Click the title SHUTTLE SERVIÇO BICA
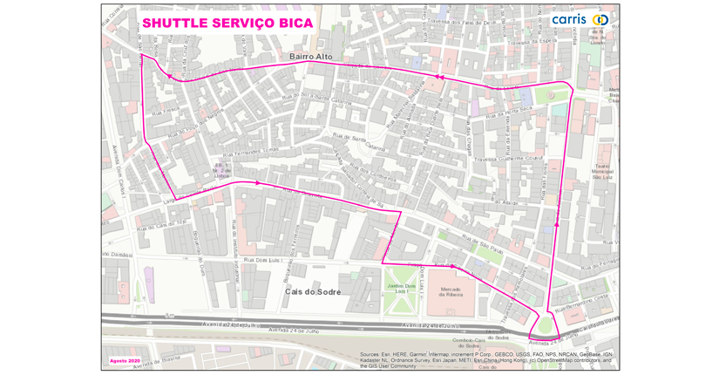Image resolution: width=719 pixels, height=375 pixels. pos(227,23)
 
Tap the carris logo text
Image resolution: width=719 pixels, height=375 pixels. pos(568,19)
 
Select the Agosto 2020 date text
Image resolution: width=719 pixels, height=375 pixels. pos(125,360)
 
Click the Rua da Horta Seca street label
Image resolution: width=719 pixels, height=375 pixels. pos(509,112)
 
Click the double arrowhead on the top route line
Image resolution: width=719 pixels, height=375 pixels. pos(438,78)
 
